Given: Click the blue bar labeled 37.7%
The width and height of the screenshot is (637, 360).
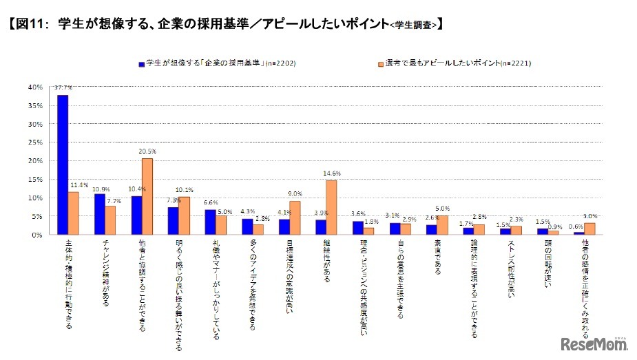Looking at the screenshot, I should (x=63, y=165).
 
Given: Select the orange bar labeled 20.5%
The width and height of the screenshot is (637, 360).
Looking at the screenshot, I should (x=147, y=197).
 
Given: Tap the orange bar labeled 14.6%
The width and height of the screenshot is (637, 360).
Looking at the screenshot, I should (x=331, y=208).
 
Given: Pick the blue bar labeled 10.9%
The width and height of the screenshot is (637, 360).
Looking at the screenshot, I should (x=100, y=214).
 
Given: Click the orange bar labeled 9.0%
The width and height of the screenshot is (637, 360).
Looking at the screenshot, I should (x=295, y=218).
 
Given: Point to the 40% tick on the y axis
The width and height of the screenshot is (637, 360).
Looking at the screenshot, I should (x=34, y=87).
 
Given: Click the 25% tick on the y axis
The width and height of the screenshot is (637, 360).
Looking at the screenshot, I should (x=34, y=142).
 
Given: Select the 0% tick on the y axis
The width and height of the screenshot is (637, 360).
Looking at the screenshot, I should (x=36, y=235).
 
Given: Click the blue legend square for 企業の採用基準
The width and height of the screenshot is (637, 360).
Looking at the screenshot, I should (x=140, y=63).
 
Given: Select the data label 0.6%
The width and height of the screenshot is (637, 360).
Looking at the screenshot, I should (x=576, y=226).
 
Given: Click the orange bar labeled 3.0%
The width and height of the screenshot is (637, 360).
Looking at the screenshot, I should (x=589, y=229).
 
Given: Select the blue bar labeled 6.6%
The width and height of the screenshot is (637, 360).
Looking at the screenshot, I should (x=211, y=222).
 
